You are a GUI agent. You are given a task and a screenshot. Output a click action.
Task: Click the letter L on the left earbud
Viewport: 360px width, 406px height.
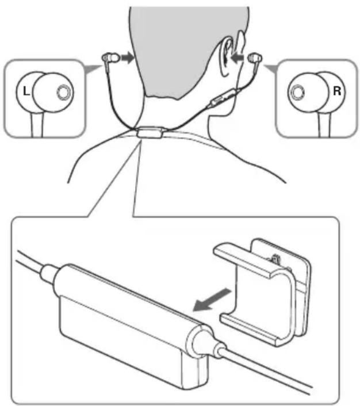26,91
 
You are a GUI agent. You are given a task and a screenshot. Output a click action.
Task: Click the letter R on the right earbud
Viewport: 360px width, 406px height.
337,91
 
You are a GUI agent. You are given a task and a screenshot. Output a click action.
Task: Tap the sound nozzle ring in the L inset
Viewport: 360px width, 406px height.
63,92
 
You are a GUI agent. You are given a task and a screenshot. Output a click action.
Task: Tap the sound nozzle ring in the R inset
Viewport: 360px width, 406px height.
297,92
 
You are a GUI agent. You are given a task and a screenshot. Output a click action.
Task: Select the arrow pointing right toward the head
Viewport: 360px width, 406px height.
127,58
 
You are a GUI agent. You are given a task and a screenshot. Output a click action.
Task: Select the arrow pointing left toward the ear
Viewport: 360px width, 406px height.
238,58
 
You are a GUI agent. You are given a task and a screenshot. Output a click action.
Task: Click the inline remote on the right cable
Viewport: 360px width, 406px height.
223,97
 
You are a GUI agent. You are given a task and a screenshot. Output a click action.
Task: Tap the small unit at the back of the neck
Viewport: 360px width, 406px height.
150,132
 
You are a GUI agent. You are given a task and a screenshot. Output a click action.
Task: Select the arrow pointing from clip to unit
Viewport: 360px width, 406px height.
212,300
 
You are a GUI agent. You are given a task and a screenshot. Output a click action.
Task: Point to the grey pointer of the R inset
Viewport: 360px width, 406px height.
271,68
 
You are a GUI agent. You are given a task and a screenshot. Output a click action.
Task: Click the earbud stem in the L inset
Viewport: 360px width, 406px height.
37,125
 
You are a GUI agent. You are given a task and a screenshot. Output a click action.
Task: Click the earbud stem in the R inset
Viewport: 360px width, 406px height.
325,124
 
